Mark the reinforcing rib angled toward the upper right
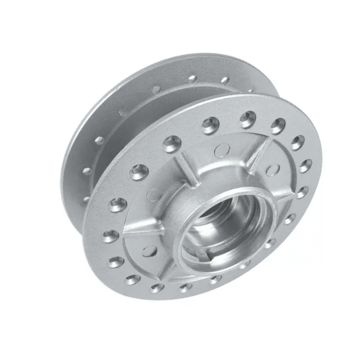(x=260, y=152)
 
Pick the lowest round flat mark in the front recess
(x=150, y=250)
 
